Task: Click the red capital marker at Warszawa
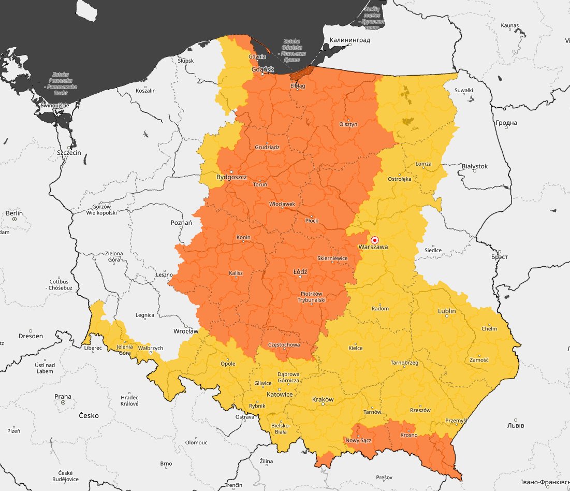point(375,240)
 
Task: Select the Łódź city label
point(300,271)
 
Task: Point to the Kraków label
point(323,399)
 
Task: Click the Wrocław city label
point(186,330)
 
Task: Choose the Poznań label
point(181,222)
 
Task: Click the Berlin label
point(14,213)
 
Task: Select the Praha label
point(63,396)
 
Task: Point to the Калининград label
point(350,40)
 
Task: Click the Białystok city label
point(474,166)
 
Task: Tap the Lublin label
point(447,311)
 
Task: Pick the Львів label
point(515,425)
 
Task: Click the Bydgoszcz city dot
point(231,171)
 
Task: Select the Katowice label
point(280,394)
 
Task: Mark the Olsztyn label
point(348,124)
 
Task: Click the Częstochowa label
point(284,344)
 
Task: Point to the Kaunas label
point(509,25)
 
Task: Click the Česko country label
point(89,415)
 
